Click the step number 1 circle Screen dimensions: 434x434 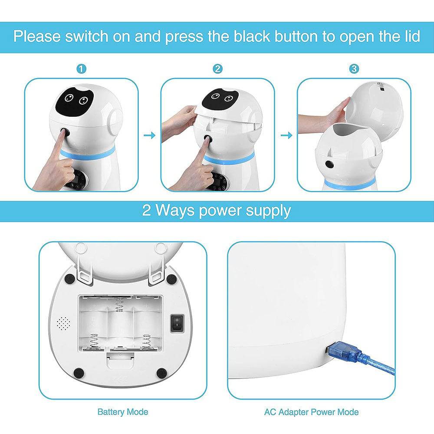coord(81,69)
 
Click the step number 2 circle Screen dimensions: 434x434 coord(218,69)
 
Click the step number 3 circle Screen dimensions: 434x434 coord(354,69)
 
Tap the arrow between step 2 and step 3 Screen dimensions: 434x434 coord(286,136)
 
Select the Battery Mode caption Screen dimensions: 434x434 coord(123,411)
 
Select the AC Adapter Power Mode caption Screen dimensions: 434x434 coord(312,411)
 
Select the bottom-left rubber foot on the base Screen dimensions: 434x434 coord(79,372)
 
